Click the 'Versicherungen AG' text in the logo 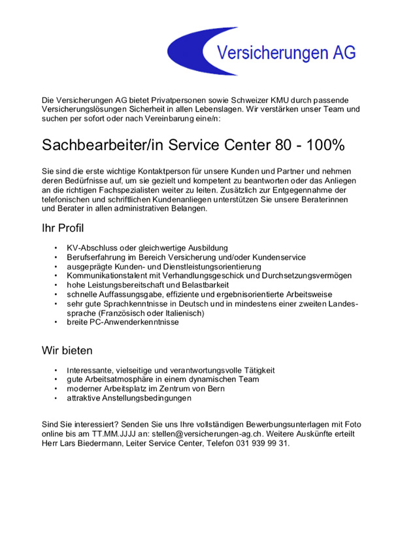click(286, 52)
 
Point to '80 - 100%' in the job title click(308, 144)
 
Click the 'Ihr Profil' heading click(63, 228)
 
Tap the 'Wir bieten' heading click(67, 350)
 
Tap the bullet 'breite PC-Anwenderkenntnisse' click(122, 322)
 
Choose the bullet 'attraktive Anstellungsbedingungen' click(129, 397)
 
